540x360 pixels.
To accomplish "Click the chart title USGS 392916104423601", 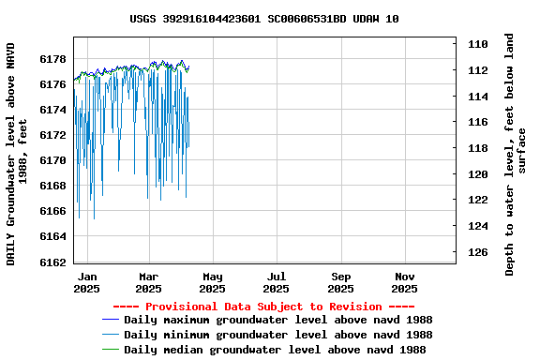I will pos(263,19).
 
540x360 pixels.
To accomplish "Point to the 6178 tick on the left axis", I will pos(53,59).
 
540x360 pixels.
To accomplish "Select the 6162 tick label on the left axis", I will pos(53,262).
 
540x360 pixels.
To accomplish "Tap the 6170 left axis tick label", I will pos(53,160).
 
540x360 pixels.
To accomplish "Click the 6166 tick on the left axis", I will pos(53,212).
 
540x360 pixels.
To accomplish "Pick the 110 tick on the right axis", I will pos(477,44).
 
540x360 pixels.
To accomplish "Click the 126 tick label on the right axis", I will pos(477,252).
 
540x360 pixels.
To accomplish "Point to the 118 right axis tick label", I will pos(477,148).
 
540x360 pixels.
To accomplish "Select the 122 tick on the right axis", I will pos(477,201).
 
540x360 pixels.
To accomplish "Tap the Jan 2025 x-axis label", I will pos(86,282).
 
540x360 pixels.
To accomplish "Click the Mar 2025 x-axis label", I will pos(149,282).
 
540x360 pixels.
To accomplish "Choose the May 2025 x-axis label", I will pos(213,282).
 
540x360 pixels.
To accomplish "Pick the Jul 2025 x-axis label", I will pos(277,282).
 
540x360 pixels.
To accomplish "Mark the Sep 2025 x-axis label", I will pos(341,282).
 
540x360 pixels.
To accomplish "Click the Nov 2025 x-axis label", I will pos(405,282).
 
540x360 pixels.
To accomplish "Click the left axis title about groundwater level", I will pos(17,153).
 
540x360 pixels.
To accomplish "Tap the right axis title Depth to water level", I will pos(516,155).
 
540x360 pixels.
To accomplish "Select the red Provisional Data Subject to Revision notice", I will pos(263,307).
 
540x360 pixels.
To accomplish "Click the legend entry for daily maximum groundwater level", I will pos(277,320).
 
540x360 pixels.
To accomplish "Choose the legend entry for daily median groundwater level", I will pos(275,350).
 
